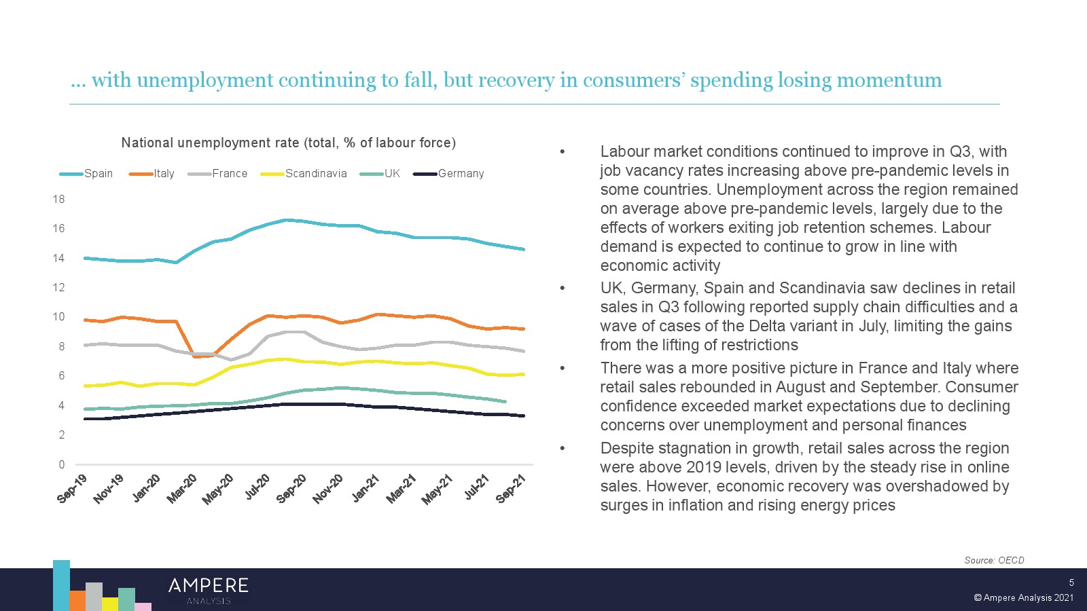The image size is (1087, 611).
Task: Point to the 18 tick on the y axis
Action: tap(59, 199)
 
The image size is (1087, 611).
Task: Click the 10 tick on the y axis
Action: tap(59, 317)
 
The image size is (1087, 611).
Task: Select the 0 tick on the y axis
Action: tap(62, 464)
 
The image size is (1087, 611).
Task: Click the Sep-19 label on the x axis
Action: tap(73, 489)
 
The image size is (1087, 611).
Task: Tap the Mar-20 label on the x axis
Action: tap(182, 489)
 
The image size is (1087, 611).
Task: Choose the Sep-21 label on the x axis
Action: tap(512, 489)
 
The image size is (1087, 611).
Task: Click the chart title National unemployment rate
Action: tap(288, 143)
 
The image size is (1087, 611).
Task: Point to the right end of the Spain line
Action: tap(523, 249)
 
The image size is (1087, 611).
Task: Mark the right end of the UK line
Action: tap(505, 401)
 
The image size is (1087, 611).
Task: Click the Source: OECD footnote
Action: tap(994, 560)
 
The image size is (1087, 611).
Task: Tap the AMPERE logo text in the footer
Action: tap(208, 586)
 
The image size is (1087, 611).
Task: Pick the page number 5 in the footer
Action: tap(1071, 582)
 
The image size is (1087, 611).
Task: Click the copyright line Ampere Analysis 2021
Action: tap(1024, 598)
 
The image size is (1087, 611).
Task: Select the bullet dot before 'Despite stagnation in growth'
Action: tap(563, 448)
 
